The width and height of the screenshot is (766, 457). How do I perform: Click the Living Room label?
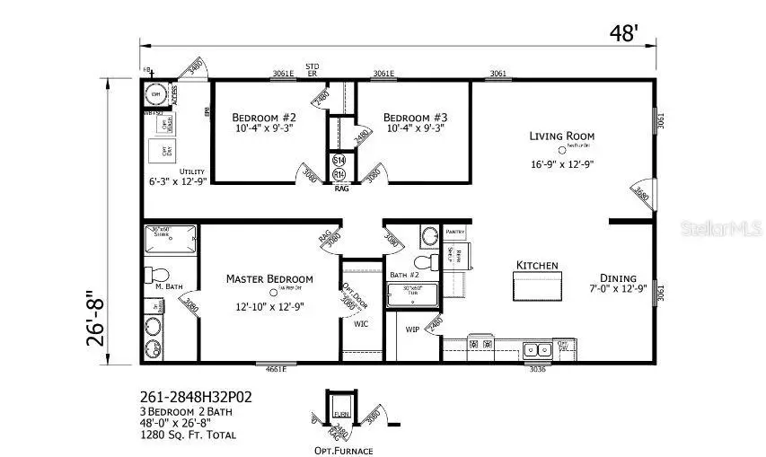click(561, 136)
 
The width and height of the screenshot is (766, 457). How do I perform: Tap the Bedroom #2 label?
click(264, 118)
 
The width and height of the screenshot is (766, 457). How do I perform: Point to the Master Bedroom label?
click(269, 278)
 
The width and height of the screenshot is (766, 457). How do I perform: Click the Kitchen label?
click(537, 266)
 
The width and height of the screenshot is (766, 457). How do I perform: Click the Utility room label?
click(192, 171)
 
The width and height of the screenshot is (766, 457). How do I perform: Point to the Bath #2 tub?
click(412, 295)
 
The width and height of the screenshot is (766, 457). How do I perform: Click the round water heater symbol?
click(154, 94)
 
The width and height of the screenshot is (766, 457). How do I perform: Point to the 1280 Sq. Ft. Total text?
click(189, 435)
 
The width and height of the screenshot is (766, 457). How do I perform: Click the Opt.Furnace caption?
click(342, 450)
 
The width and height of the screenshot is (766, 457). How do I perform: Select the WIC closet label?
click(361, 324)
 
